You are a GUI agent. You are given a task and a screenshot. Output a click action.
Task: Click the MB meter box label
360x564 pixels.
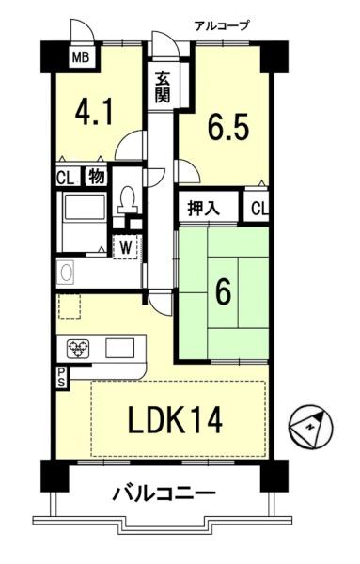81,56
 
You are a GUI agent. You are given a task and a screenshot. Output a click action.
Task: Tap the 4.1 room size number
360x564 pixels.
94,112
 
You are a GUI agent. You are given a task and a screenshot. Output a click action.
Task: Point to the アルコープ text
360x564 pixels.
222,25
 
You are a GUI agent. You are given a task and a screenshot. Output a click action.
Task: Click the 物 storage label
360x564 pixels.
97,177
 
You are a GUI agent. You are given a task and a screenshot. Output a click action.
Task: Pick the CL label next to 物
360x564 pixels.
66,178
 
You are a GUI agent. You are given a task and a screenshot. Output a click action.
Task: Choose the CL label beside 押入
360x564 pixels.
259,209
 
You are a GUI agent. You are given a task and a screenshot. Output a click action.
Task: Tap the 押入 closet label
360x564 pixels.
204,209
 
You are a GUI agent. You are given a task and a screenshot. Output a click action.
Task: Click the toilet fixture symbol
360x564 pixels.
127,199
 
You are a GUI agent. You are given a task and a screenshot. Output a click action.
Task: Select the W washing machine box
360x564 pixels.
125,248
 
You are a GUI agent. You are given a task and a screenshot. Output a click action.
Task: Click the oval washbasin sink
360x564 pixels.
67,273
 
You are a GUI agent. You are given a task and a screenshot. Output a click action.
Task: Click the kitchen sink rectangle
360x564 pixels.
119,348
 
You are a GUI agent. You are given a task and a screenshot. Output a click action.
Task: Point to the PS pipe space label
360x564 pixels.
61,377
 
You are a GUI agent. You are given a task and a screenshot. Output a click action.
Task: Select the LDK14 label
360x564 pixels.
175,421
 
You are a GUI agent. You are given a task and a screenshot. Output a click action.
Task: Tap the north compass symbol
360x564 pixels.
310,427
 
